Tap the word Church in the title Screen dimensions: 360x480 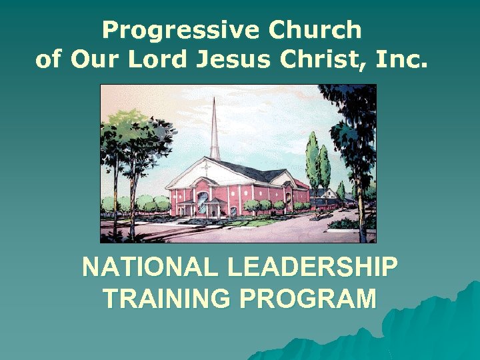point(314,31)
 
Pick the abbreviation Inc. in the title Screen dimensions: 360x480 point(400,60)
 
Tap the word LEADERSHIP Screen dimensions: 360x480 point(312,268)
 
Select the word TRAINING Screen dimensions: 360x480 point(166,299)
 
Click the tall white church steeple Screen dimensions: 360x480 point(215,130)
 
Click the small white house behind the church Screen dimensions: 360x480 point(329,193)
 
